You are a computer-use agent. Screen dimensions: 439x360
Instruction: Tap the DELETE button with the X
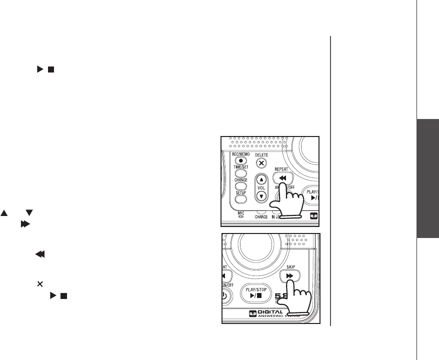coord(260,163)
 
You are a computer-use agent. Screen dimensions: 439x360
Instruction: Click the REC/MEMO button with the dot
coord(241,161)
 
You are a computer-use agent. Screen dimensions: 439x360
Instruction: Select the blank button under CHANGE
coord(241,185)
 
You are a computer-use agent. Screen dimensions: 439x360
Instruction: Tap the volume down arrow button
coord(260,196)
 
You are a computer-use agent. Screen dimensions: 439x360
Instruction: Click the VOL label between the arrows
coord(260,188)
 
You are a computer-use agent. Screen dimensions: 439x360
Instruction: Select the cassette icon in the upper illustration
coord(313,216)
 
